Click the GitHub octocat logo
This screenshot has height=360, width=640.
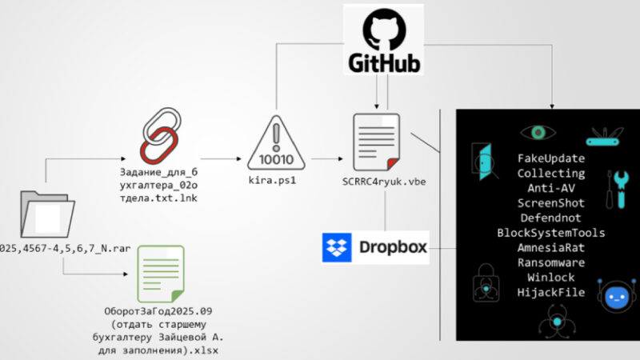tap(383, 30)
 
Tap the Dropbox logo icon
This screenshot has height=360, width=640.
tap(337, 248)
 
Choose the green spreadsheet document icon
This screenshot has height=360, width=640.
tap(160, 272)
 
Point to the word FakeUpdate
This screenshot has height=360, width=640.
tap(550, 158)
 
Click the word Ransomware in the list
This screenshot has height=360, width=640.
tap(550, 263)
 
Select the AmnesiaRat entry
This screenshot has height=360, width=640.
tap(550, 248)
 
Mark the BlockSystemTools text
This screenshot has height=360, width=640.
tap(550, 233)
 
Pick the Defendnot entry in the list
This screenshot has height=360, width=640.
tap(550, 218)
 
